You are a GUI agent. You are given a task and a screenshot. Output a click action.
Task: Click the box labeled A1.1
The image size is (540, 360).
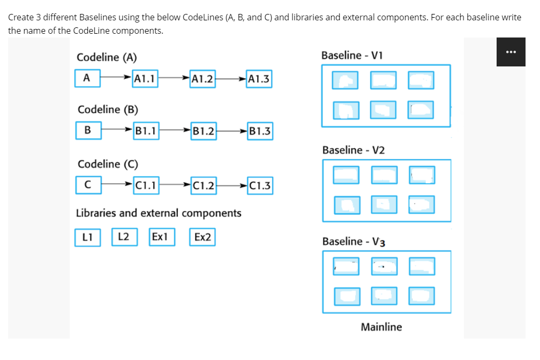(145, 79)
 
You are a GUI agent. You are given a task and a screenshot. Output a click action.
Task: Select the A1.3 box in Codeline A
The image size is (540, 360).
(259, 79)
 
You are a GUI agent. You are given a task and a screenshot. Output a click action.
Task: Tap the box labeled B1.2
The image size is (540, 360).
(204, 131)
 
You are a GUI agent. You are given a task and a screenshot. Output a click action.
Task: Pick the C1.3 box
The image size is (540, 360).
(260, 186)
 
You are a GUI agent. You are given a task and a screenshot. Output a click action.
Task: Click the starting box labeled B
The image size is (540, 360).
(88, 130)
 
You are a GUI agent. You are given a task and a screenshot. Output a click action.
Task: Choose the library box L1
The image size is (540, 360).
(87, 237)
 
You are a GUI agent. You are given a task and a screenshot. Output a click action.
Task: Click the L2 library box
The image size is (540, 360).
(124, 236)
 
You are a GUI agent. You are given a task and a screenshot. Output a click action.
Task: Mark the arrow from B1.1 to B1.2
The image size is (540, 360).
(175, 130)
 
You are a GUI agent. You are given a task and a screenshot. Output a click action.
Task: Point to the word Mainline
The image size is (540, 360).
(381, 327)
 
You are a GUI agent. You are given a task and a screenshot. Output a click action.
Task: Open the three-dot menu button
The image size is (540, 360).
(510, 52)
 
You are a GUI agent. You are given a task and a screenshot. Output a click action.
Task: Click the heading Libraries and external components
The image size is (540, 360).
(159, 213)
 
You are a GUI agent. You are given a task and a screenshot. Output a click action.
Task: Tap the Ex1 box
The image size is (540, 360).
(161, 237)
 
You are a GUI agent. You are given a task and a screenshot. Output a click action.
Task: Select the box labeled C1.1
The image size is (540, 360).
(146, 186)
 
